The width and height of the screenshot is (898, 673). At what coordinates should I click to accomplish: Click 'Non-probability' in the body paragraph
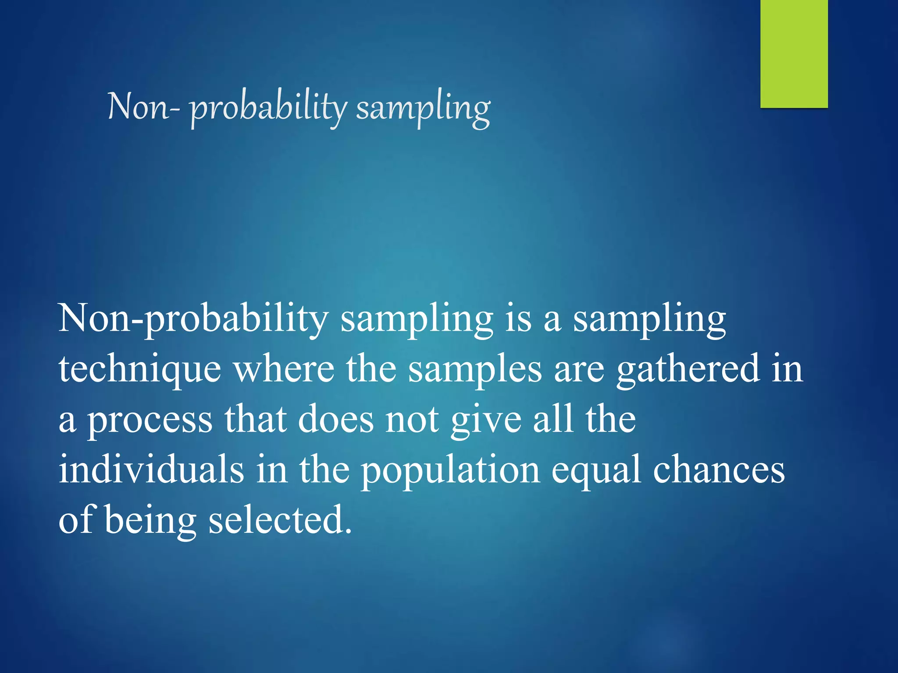pyautogui.click(x=193, y=319)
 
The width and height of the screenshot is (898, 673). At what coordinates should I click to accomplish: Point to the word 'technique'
pyautogui.click(x=140, y=370)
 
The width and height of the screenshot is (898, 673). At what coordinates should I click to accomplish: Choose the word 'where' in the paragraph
pyautogui.click(x=284, y=369)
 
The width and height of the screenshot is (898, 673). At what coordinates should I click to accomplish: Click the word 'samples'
pyautogui.click(x=475, y=370)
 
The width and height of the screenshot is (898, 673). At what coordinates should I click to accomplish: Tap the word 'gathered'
pyautogui.click(x=688, y=370)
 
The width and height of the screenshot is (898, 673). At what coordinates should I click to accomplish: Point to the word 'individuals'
pyautogui.click(x=151, y=469)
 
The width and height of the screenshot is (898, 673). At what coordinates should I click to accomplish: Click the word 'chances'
pyautogui.click(x=719, y=469)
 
